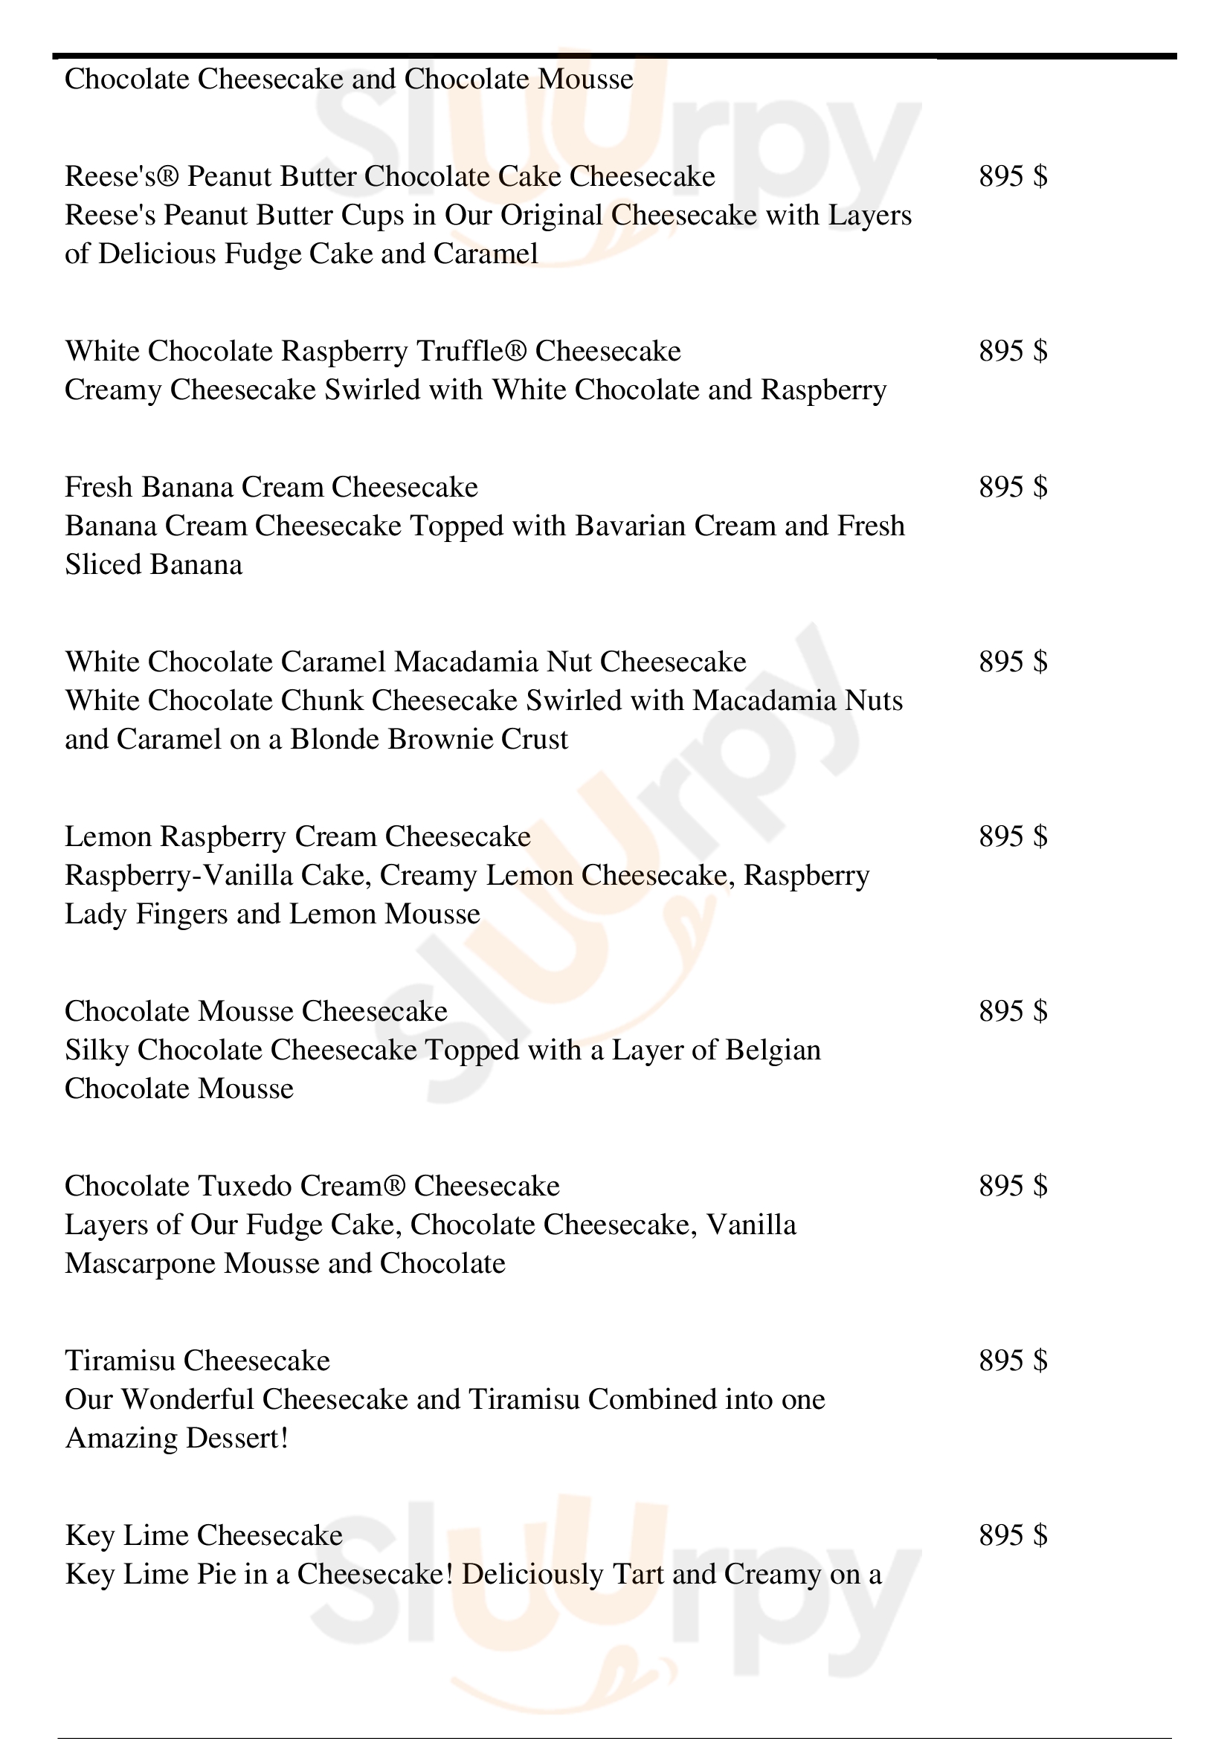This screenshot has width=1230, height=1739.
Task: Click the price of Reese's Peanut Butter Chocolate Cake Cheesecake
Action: point(1013,176)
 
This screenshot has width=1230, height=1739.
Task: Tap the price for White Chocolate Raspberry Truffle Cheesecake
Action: point(1013,351)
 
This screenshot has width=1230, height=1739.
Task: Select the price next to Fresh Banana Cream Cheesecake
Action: point(1013,487)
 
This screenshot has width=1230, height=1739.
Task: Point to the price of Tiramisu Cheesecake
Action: point(1013,1361)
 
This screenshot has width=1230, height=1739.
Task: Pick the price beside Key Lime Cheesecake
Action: point(1013,1535)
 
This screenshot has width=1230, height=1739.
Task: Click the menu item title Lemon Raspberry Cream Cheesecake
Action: point(297,837)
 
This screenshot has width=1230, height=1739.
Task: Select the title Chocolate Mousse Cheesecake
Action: point(256,1011)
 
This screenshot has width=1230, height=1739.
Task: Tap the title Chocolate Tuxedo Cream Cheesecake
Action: point(312,1186)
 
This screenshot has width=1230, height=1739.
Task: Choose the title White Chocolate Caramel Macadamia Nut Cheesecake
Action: point(405,662)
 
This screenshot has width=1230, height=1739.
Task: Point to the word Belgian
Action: point(773,1051)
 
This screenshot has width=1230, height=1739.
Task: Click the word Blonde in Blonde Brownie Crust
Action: point(335,739)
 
